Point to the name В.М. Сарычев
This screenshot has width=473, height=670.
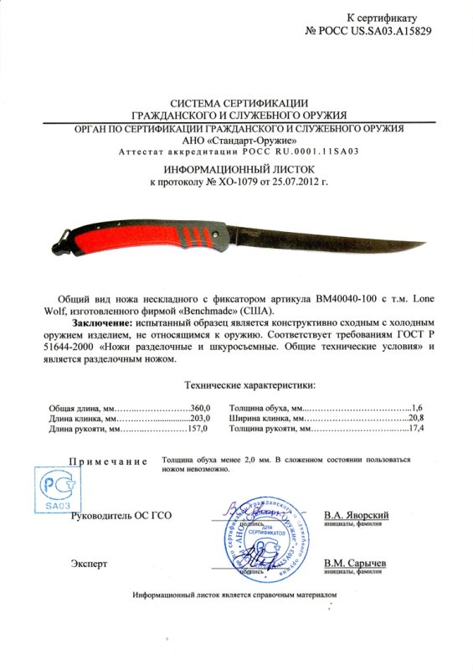coord(354,564)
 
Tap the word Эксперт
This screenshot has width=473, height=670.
coord(90,564)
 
